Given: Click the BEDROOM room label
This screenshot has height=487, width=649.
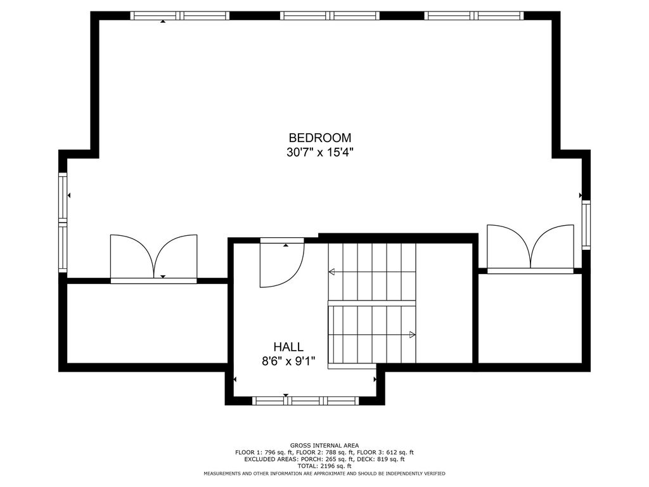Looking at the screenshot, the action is pyautogui.click(x=320, y=138).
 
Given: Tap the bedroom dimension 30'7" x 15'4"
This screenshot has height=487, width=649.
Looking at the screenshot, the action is pyautogui.click(x=320, y=152).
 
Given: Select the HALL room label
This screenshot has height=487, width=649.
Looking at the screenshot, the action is pyautogui.click(x=288, y=347).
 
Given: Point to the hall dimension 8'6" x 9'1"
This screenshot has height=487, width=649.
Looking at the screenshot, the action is pyautogui.click(x=288, y=361).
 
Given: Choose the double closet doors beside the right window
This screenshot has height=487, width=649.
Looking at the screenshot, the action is pyautogui.click(x=530, y=249).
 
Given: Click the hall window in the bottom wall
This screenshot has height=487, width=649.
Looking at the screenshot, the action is pyautogui.click(x=305, y=401).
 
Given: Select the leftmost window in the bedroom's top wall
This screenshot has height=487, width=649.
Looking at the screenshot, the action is pyautogui.click(x=179, y=16).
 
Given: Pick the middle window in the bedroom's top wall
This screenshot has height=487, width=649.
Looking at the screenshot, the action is pyautogui.click(x=330, y=16).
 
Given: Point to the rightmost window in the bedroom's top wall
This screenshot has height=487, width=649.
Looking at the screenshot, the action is pyautogui.click(x=474, y=16).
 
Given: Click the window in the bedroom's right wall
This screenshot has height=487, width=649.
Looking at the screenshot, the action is pyautogui.click(x=586, y=225).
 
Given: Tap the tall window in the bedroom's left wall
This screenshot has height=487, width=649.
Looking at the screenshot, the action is pyautogui.click(x=63, y=223).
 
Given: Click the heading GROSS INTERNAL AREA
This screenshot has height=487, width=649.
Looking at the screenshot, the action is pyautogui.click(x=324, y=446).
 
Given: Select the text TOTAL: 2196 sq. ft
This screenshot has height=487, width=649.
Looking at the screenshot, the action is pyautogui.click(x=324, y=466).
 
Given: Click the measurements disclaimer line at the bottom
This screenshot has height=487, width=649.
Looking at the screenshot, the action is pyautogui.click(x=324, y=473).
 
